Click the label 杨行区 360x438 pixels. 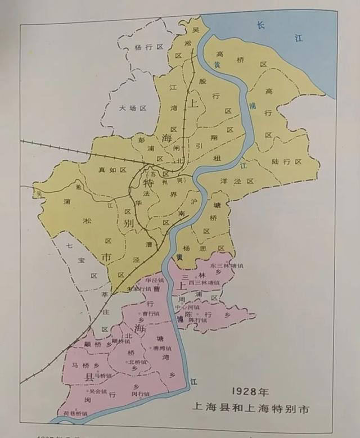coord(147,48)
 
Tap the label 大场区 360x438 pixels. coord(133,107)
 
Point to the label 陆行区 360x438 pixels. coord(286,161)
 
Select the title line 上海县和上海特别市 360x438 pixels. coord(250,409)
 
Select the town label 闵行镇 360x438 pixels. coord(141,394)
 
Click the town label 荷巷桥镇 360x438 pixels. coord(75,413)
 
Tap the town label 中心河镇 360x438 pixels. coord(187,308)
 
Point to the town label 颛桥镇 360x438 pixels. coord(121,340)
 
